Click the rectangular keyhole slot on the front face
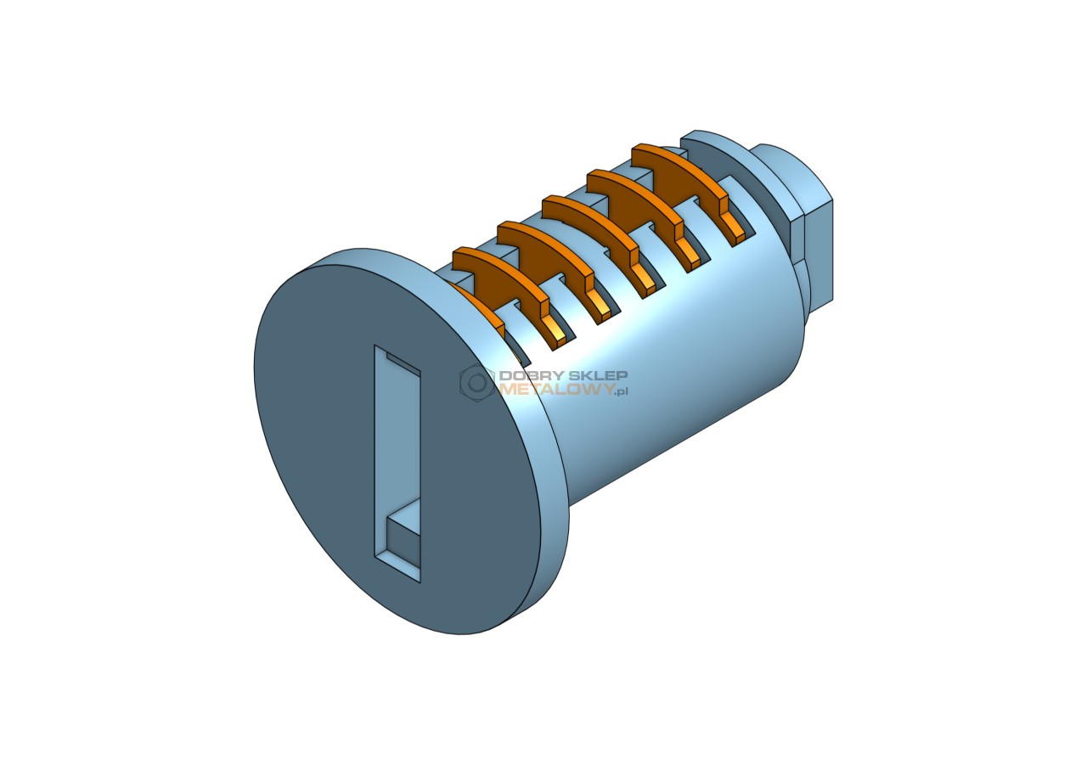[x=397, y=464]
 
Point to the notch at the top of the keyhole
[x=403, y=363]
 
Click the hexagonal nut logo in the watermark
[x=477, y=383]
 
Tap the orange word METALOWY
[x=555, y=389]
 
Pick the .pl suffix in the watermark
[x=620, y=391]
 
